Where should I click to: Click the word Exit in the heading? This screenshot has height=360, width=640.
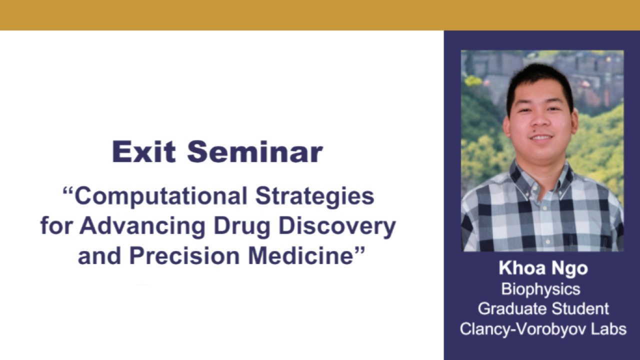pos(143,151)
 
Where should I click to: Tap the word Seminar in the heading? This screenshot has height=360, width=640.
pos(255,151)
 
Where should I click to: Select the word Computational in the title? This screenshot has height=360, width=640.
pos(161,196)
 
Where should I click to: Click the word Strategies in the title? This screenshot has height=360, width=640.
pos(314,196)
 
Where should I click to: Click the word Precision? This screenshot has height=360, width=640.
pos(184,255)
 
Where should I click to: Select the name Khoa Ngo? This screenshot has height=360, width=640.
pos(543,268)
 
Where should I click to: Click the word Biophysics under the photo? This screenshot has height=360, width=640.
pos(541,289)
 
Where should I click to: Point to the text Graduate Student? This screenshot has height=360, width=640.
pos(543,309)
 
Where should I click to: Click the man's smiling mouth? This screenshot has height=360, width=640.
pos(541,137)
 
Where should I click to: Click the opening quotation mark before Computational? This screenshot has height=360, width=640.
pos(67,190)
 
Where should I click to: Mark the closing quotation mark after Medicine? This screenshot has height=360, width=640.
pos(360,250)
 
